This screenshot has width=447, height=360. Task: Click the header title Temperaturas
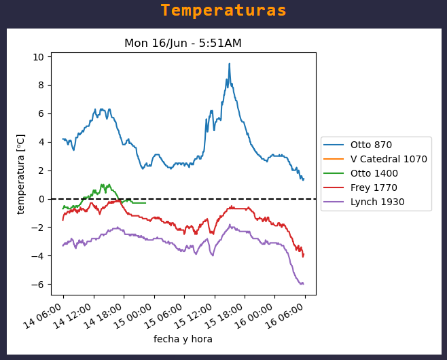point(224,11)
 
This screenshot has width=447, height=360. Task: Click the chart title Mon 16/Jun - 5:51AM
point(183,43)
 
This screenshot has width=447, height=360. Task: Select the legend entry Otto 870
point(371,145)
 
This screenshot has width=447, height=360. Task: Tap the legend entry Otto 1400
point(374,173)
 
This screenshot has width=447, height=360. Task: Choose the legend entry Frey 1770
point(374,187)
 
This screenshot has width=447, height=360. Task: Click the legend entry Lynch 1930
point(377,202)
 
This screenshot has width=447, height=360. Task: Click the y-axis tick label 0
point(41,199)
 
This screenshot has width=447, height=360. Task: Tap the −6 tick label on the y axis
point(39,285)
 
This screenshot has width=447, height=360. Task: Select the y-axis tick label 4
point(41,142)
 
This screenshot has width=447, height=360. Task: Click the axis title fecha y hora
point(183,339)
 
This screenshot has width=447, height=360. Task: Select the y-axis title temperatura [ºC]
point(21,174)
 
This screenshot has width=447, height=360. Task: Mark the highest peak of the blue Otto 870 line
point(229,64)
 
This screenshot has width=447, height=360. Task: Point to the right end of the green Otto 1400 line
point(145,202)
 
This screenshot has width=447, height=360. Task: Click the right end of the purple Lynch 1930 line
point(303,284)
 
